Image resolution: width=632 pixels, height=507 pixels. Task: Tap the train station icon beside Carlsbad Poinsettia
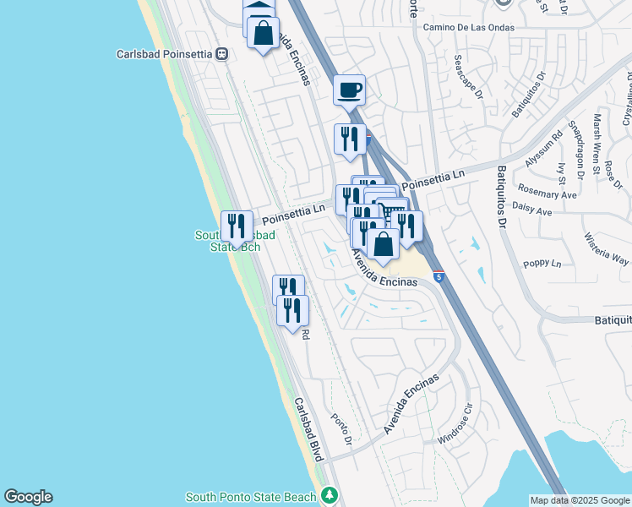[x=222, y=54]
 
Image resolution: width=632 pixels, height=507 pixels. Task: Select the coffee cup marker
[x=349, y=89]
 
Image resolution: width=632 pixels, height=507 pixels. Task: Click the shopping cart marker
[x=391, y=211]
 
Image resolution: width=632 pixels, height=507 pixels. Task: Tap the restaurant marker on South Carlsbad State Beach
[x=237, y=226]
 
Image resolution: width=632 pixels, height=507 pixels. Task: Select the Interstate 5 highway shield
[x=439, y=276]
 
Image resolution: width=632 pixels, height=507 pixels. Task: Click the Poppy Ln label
[x=543, y=264]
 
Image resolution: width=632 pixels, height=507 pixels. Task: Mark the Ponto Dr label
[x=341, y=430]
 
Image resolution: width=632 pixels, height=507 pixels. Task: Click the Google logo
[x=28, y=497]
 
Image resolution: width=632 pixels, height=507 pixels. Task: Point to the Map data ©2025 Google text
[x=580, y=500]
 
